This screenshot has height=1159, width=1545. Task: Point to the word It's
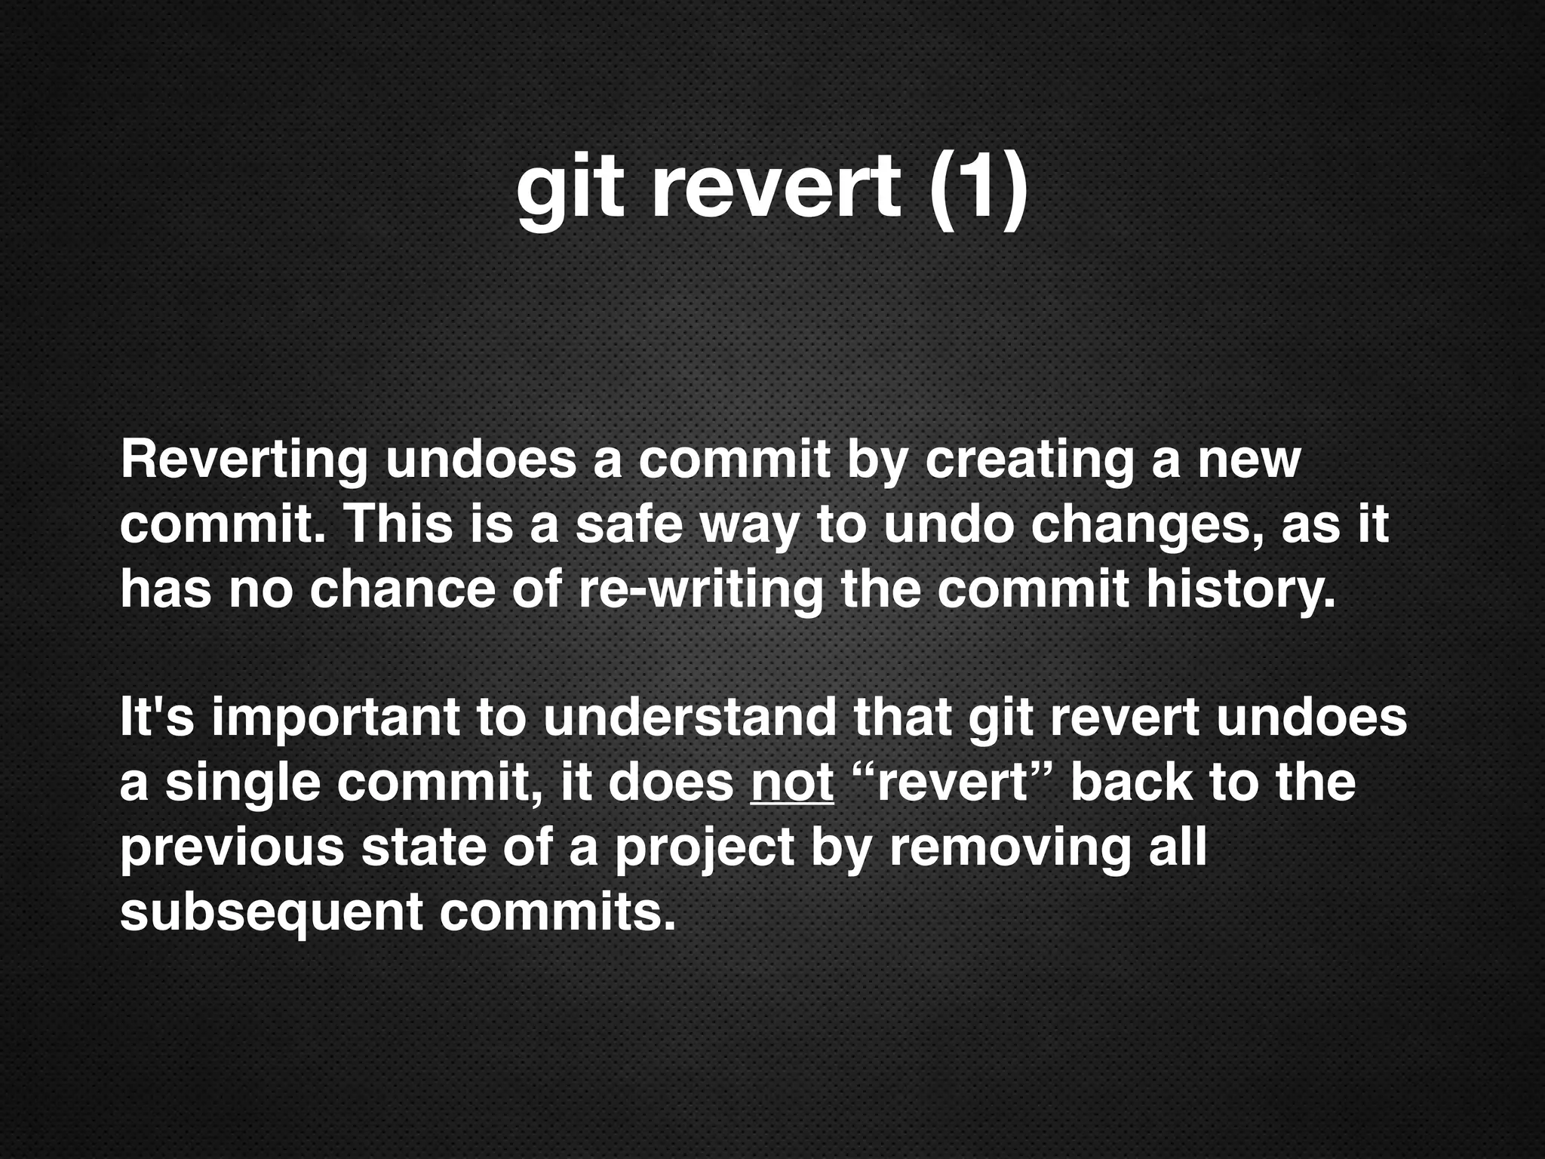(157, 718)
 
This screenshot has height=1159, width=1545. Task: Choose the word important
(335, 719)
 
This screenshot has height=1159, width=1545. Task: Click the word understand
(690, 718)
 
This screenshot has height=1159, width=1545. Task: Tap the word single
(242, 784)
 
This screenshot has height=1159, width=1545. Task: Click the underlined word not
(792, 783)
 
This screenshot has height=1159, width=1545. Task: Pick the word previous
(232, 848)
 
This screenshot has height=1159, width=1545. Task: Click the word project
(704, 849)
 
